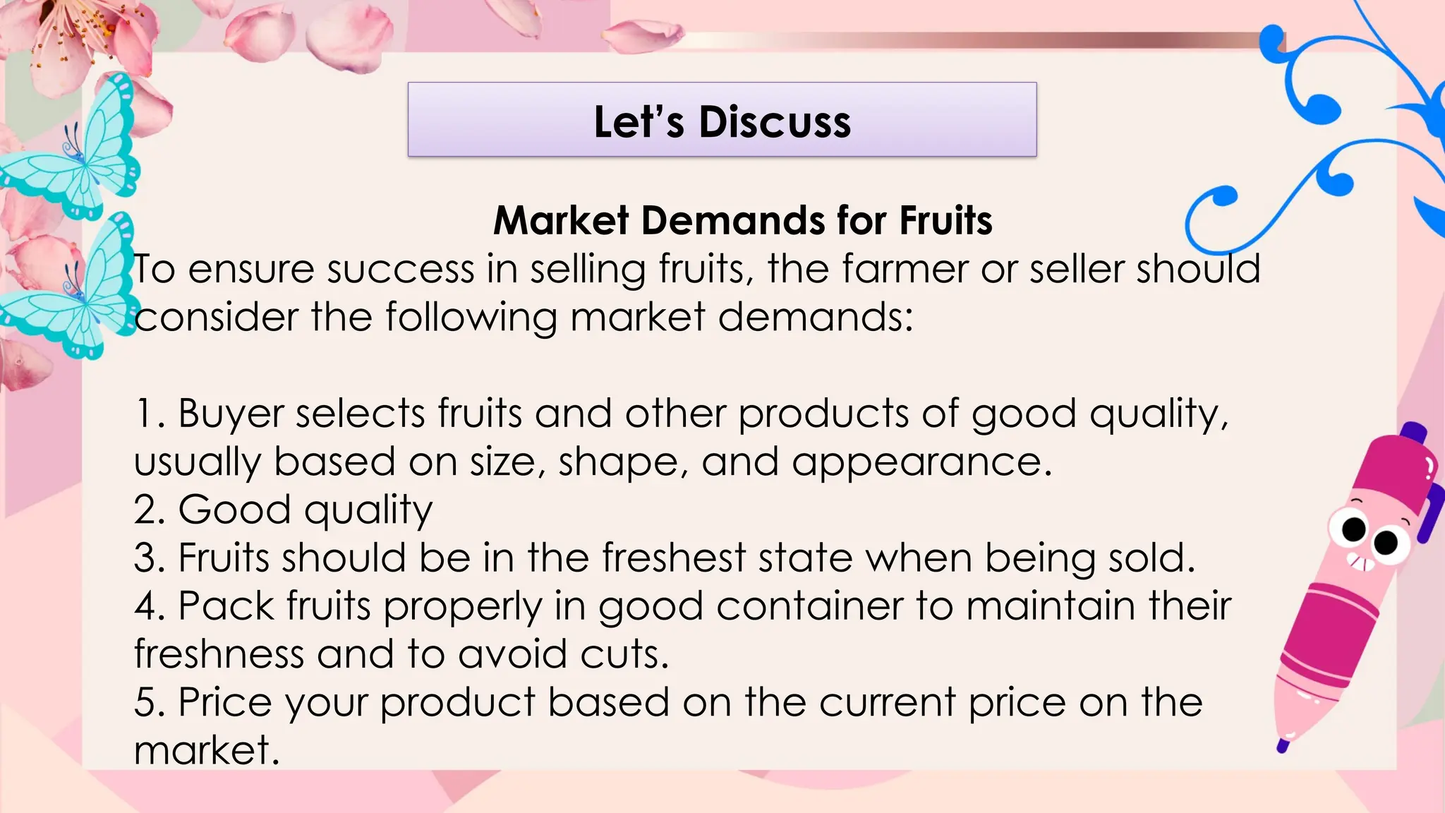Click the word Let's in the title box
[x=639, y=122]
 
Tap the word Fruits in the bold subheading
[x=945, y=220]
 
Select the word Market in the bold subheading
[x=561, y=220]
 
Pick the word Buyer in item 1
[x=230, y=414]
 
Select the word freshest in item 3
[x=674, y=558]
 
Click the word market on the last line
[x=206, y=750]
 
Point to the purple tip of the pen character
[x=1283, y=745]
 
